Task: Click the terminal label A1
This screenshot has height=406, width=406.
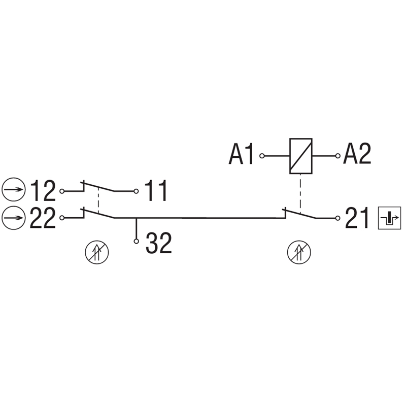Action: coord(241,155)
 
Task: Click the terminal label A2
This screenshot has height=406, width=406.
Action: coord(357,154)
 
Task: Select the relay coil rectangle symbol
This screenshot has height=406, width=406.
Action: coord(300,156)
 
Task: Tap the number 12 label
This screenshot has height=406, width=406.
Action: coord(43,191)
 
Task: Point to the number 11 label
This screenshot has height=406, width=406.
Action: coord(156,191)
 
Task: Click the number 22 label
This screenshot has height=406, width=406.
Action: coord(43,218)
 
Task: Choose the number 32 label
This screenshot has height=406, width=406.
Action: coord(159,243)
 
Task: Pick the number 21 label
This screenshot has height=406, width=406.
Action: coord(357,218)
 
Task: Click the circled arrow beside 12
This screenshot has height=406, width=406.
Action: coord(14,189)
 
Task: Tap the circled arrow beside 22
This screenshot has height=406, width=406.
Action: coord(14,218)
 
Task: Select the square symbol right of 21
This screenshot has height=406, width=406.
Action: coord(390,218)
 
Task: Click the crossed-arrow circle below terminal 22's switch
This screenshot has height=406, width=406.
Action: coord(97,252)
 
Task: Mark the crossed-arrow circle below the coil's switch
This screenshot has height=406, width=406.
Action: coord(299,252)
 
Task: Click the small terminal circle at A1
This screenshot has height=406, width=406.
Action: coord(262,156)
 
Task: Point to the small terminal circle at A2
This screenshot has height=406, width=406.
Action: coord(337,156)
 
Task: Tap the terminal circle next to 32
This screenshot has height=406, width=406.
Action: coord(136,242)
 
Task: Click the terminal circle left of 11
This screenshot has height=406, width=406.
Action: coord(136,191)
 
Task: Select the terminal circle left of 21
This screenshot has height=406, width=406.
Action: coord(337,218)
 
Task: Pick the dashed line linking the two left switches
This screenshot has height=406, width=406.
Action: coord(98,200)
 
